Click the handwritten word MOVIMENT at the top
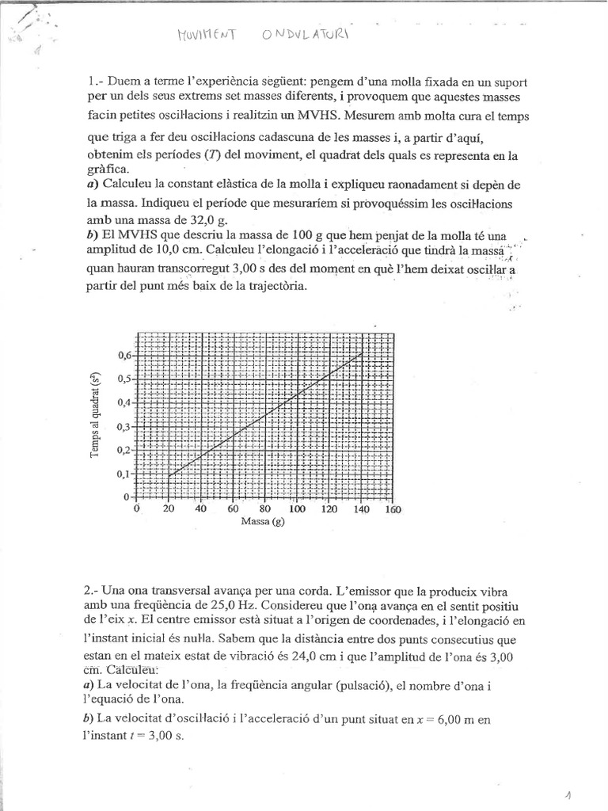click(x=205, y=35)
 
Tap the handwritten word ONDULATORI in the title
click(x=304, y=35)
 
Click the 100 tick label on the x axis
click(x=297, y=509)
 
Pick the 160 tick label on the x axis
click(x=393, y=509)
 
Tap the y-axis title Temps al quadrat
click(x=96, y=415)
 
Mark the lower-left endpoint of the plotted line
click(x=169, y=477)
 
